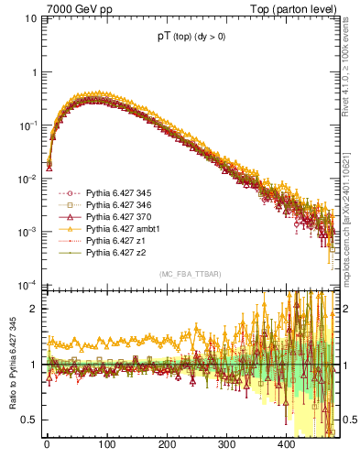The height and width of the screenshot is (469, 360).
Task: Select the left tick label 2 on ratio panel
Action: pyautogui.click(x=34, y=309)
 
